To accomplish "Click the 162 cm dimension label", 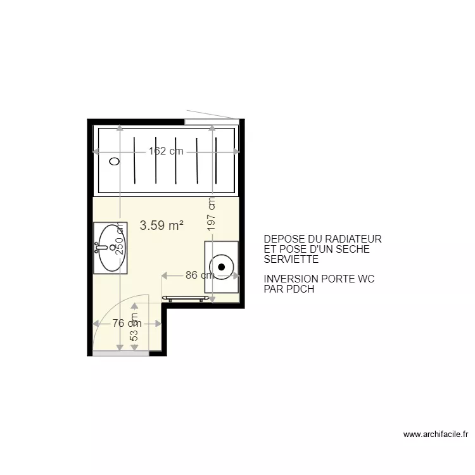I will pyautogui.click(x=166, y=151).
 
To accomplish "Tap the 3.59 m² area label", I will pyautogui.click(x=161, y=225).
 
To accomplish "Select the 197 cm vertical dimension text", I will pyautogui.click(x=212, y=214).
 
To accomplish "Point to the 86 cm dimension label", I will pyautogui.click(x=199, y=275).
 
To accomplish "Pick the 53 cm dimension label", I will pyautogui.click(x=134, y=327).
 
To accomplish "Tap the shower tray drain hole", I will pyautogui.click(x=115, y=161).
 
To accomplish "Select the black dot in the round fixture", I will pyautogui.click(x=222, y=267).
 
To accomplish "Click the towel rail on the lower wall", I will pyautogui.click(x=186, y=298).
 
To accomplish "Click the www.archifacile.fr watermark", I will pyautogui.click(x=436, y=434).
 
